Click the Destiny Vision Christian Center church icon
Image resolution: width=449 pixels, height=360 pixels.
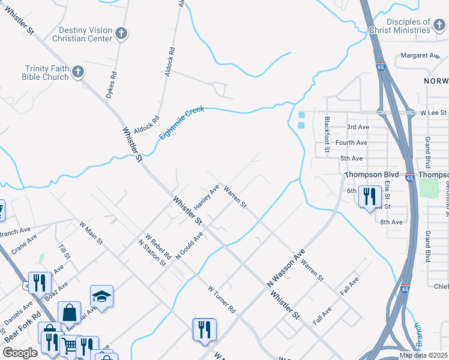[121, 34]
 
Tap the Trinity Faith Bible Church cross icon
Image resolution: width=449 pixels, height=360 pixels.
[77, 73]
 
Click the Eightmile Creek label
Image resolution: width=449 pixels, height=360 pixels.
[182, 123]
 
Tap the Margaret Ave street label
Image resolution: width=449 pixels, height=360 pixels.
[420, 55]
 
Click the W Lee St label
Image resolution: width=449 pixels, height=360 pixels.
[433, 112]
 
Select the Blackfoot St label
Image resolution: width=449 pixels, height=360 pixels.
[327, 135]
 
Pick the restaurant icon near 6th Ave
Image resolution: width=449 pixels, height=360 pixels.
[369, 196]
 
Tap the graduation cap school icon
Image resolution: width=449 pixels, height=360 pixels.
[101, 296]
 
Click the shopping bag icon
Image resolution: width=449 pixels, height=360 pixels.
[69, 312]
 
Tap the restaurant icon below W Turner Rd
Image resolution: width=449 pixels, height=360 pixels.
[204, 329]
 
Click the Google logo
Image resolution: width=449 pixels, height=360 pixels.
[20, 353]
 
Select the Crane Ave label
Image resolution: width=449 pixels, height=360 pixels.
[23, 245]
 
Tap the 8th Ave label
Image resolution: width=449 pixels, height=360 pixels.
[391, 222]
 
